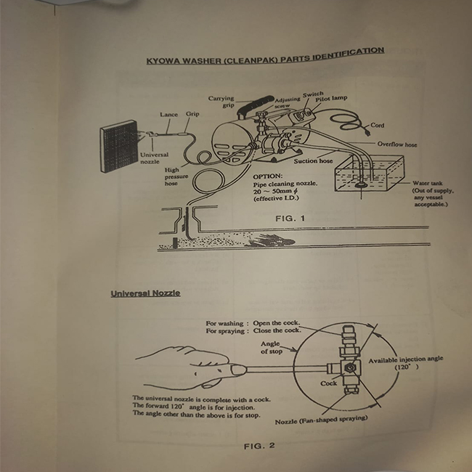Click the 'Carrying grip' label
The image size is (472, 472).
(221, 102)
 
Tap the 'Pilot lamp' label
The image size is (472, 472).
(331, 99)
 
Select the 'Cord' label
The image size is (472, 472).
(377, 125)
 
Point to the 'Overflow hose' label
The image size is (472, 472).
(397, 145)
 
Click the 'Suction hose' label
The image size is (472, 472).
(313, 161)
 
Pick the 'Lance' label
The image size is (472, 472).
(169, 115)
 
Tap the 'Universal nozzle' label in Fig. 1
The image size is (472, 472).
(154, 158)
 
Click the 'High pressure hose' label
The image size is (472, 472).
(176, 176)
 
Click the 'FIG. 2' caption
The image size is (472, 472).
(259, 446)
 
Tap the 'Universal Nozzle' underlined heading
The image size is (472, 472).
(145, 293)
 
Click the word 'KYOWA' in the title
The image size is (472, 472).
(163, 61)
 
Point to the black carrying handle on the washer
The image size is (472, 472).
(255, 106)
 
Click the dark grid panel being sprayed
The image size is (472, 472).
(119, 146)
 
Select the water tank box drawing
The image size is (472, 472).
(370, 174)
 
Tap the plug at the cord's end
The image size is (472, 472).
(366, 131)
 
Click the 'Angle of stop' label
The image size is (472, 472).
(272, 348)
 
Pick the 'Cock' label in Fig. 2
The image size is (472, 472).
(328, 383)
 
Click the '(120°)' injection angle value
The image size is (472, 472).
(407, 367)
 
